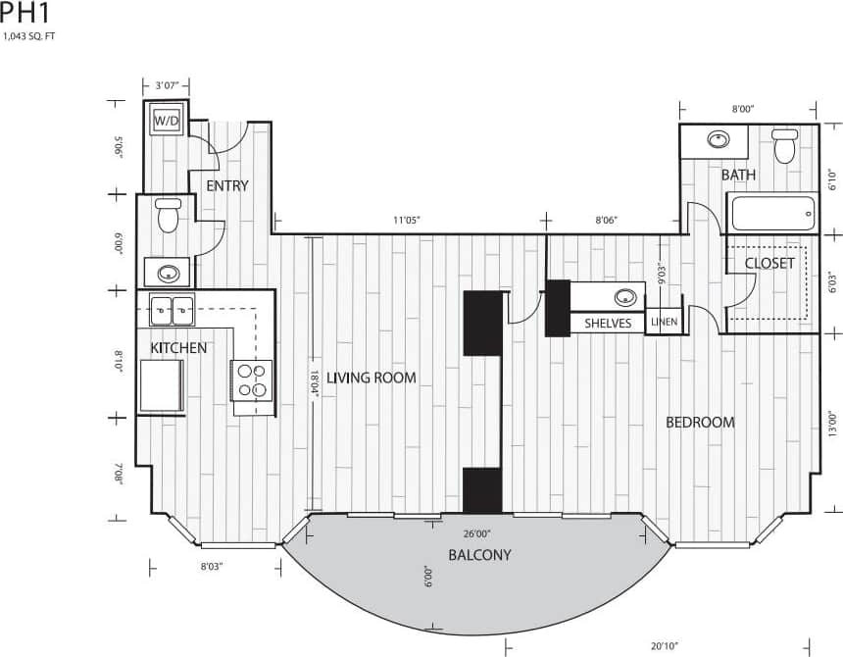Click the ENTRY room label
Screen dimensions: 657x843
[226, 185]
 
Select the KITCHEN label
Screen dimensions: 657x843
[178, 348]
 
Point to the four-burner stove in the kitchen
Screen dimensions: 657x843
[251, 379]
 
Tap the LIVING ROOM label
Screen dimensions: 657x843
[372, 378]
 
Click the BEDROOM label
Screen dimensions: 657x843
[700, 423]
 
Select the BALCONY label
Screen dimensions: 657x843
[479, 555]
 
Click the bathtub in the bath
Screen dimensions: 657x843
[770, 214]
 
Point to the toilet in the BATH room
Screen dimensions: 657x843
[784, 146]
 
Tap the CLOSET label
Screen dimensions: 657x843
[769, 263]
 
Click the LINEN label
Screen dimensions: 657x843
[663, 322]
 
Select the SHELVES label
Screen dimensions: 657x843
[608, 323]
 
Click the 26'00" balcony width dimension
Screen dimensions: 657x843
[476, 534]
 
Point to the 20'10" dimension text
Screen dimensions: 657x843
[665, 645]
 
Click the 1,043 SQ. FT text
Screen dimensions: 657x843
[29, 36]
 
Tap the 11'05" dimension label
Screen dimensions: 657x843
[406, 221]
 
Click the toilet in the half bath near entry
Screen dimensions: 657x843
[169, 215]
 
